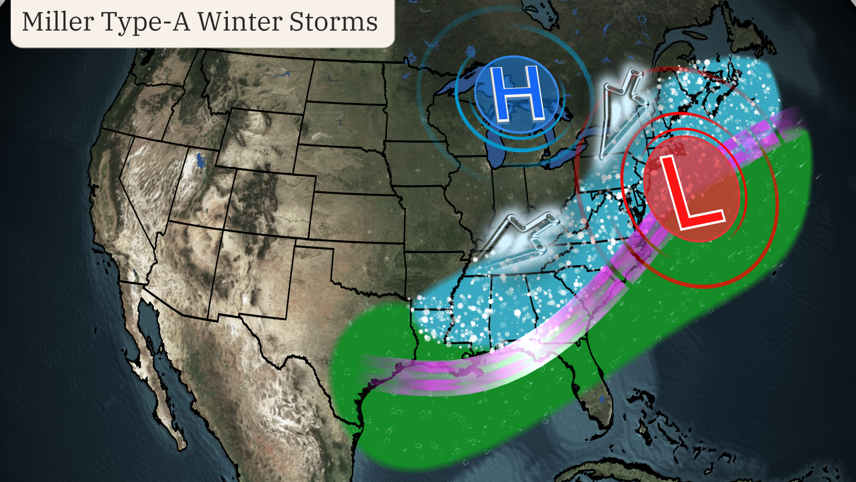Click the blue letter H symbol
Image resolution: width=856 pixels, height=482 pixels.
517,94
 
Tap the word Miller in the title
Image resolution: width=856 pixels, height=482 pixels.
58,22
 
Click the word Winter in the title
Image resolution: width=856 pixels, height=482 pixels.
239,22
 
